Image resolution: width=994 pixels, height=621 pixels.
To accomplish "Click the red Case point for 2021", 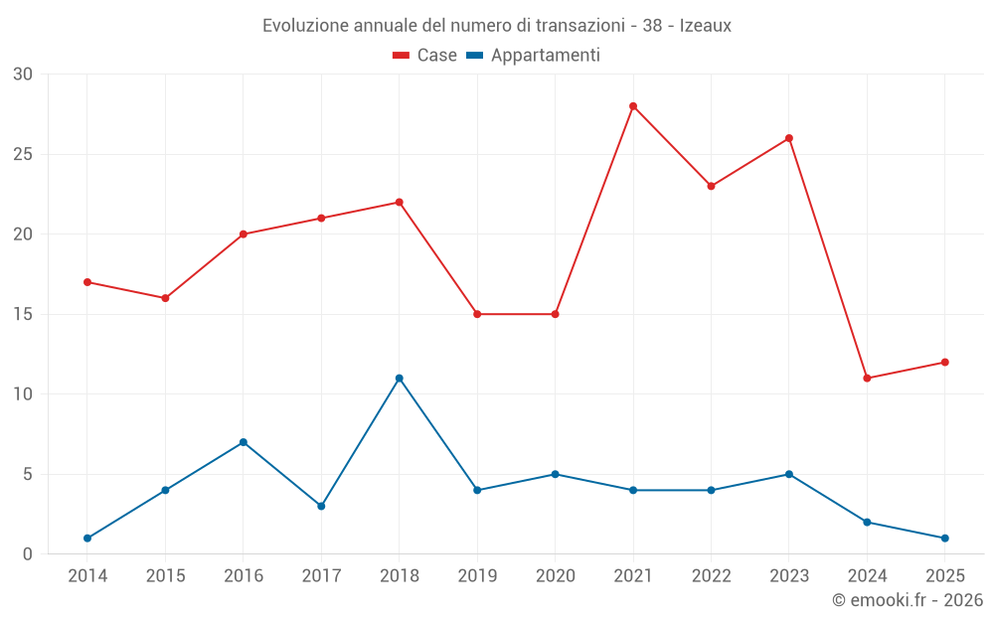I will (633, 106).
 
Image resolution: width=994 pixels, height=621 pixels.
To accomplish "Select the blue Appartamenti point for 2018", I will (400, 379).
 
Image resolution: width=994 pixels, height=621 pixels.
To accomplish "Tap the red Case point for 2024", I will (867, 379).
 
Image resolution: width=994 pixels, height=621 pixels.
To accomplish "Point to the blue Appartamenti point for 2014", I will (87, 539).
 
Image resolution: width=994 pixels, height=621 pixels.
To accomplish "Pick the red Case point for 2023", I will (789, 138).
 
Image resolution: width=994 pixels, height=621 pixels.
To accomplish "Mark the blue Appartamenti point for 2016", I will (244, 442).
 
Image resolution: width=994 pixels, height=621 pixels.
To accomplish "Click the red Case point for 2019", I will (477, 314).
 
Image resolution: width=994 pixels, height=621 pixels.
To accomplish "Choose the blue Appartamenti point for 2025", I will (944, 539).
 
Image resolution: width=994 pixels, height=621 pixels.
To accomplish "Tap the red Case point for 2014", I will (87, 282).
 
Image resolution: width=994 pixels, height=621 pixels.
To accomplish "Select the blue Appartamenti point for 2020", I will (556, 474).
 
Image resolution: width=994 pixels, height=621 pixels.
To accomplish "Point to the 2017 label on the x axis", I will (321, 576).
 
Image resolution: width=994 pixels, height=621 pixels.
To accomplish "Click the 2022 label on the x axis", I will (711, 576).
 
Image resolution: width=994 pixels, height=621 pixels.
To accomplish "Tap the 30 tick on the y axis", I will (23, 75).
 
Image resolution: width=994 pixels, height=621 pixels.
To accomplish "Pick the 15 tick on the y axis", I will (23, 314).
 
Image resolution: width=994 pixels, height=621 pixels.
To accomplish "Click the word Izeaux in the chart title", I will (705, 26).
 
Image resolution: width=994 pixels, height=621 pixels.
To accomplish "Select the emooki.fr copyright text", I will (908, 600).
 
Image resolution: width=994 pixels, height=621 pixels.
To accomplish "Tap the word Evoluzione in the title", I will (305, 26).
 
